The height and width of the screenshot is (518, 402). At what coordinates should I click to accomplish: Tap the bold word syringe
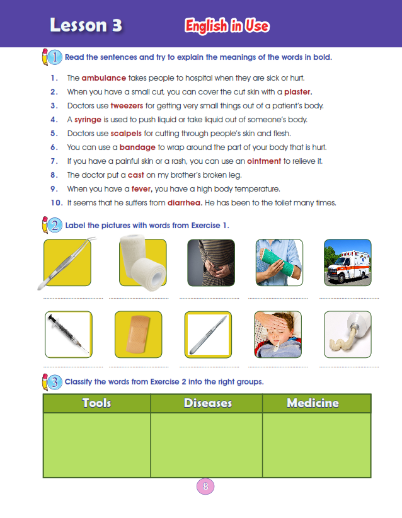pyautogui.click(x=88, y=120)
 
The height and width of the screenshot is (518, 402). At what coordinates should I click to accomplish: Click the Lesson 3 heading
pyautogui.click(x=86, y=25)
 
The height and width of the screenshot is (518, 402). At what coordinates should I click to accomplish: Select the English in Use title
pyautogui.click(x=227, y=26)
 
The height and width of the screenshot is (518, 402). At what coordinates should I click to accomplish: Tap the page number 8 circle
pyautogui.click(x=205, y=486)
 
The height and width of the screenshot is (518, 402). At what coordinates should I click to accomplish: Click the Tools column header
pyautogui.click(x=96, y=403)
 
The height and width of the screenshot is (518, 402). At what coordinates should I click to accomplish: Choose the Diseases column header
pyautogui.click(x=207, y=403)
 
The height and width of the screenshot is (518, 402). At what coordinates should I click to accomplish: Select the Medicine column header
pyautogui.click(x=313, y=403)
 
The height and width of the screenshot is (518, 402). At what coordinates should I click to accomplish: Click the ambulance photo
pyautogui.click(x=348, y=263)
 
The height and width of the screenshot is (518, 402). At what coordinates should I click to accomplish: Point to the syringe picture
pyautogui.click(x=69, y=334)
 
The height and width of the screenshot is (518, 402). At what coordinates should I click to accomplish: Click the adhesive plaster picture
pyautogui.click(x=138, y=334)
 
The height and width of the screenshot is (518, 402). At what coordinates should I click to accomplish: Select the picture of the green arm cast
pyautogui.click(x=277, y=263)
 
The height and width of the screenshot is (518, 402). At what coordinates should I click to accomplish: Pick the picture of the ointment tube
pyautogui.click(x=348, y=334)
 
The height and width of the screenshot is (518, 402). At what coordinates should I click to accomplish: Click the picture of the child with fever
pyautogui.click(x=277, y=334)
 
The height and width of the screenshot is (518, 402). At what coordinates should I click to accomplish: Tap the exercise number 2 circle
pyautogui.click(x=55, y=225)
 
